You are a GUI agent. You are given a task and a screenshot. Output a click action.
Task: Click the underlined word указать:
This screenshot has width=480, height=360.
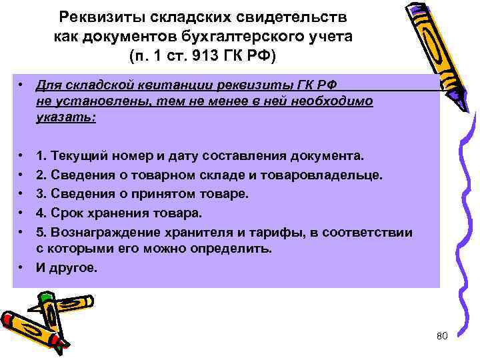[x=66, y=117]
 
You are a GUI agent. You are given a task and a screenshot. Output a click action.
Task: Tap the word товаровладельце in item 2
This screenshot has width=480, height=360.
[x=334, y=175]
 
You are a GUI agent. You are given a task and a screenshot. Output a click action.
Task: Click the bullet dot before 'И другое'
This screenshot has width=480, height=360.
[x=22, y=268]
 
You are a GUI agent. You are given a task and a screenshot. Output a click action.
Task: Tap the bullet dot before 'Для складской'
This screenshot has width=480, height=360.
[x=22, y=86]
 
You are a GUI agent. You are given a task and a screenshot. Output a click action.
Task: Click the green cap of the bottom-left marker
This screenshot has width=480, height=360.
[x=45, y=297]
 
